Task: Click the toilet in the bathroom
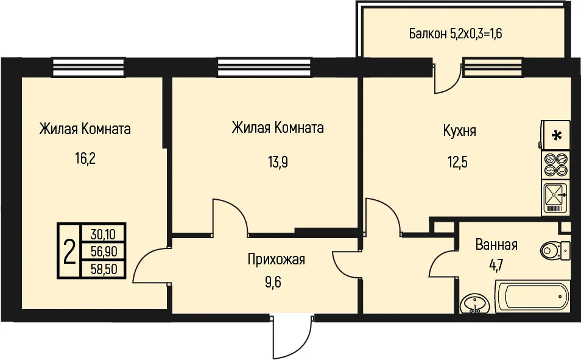coord(555,251)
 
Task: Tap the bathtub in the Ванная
coord(532,297)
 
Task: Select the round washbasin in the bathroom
coord(474,304)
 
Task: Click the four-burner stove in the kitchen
coord(556,164)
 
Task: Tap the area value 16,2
coord(85,159)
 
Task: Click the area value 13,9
coord(278,162)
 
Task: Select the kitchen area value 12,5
coord(457,162)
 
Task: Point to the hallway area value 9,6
coord(273,283)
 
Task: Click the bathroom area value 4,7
coord(496,266)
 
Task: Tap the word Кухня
coord(459,131)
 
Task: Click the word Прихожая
coord(276,259)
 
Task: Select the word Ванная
coord(496,245)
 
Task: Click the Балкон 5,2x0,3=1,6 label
coord(456,34)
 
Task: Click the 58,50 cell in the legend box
coord(104,269)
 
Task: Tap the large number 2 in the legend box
coord(69,251)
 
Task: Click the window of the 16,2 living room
coord(88,67)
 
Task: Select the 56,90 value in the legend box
coord(104,252)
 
